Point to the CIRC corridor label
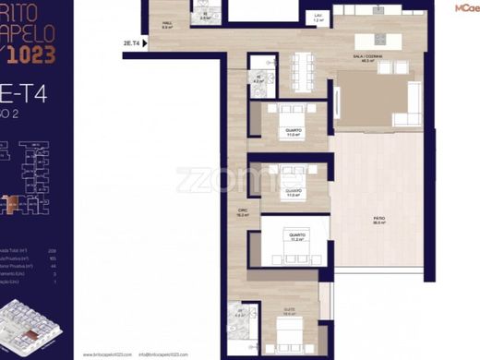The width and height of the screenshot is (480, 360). (x=244, y=211)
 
